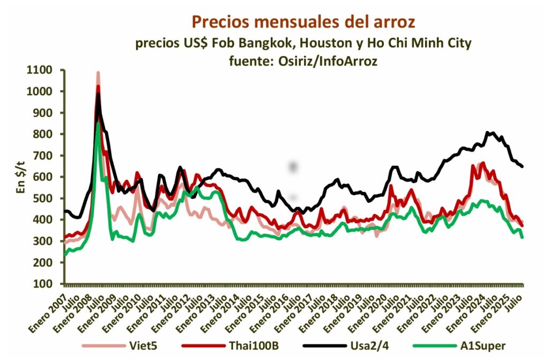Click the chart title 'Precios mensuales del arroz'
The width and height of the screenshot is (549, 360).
pos(303,22)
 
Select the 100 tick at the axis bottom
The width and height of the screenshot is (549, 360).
pos(50,284)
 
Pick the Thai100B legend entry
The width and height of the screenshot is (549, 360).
pos(255,346)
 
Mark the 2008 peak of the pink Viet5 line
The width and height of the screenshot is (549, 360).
pos(98,72)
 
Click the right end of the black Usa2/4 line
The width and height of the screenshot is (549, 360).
pos(523,167)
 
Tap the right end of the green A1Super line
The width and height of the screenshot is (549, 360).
pos(523,237)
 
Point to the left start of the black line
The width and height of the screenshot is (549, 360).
pos(65,211)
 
